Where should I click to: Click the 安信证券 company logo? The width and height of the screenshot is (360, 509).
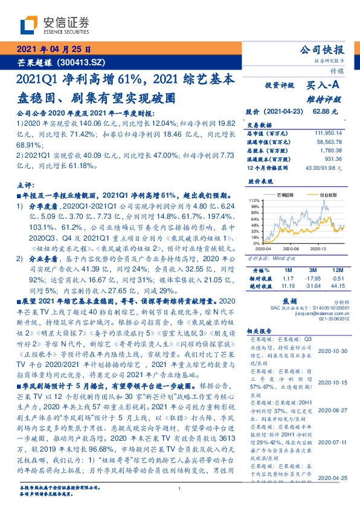click(54, 25)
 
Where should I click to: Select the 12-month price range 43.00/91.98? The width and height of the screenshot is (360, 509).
click(323, 166)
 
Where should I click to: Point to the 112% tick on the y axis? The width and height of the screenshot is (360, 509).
click(254, 199)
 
